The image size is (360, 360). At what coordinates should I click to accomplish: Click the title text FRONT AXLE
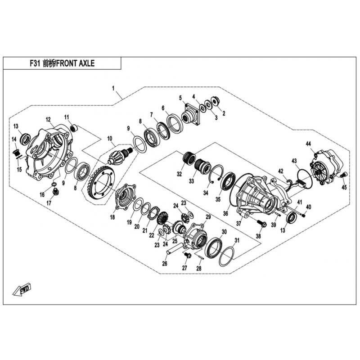coord(75,63)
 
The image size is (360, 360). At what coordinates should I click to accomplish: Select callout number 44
coord(308,144)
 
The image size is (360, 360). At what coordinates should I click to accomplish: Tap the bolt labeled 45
coord(345,175)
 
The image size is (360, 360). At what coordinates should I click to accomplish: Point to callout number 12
coord(48,119)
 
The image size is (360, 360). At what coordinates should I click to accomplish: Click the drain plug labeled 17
coord(55,192)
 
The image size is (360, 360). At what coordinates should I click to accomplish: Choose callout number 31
coord(237,240)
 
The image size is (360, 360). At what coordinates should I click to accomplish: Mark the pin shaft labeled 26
coord(175,250)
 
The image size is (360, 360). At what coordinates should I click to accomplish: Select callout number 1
coord(113,88)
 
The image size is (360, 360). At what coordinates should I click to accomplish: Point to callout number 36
coord(225,213)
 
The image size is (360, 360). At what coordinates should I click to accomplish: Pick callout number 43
coord(294,161)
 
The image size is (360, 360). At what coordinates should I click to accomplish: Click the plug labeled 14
coord(16,153)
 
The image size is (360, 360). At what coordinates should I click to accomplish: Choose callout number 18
coord(112,217)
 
